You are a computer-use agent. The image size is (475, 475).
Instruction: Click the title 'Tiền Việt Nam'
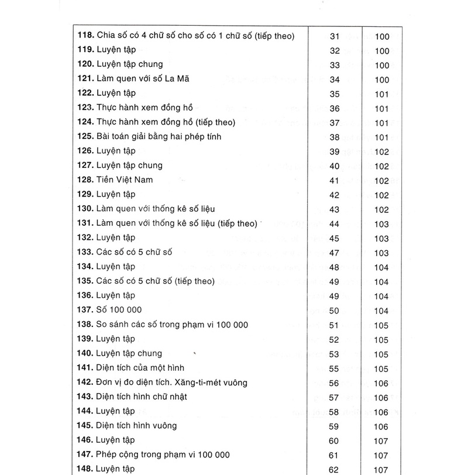(125, 180)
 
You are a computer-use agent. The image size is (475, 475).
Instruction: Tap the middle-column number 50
(335, 310)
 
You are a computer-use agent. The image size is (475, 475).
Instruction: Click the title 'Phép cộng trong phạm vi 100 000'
(163, 455)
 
